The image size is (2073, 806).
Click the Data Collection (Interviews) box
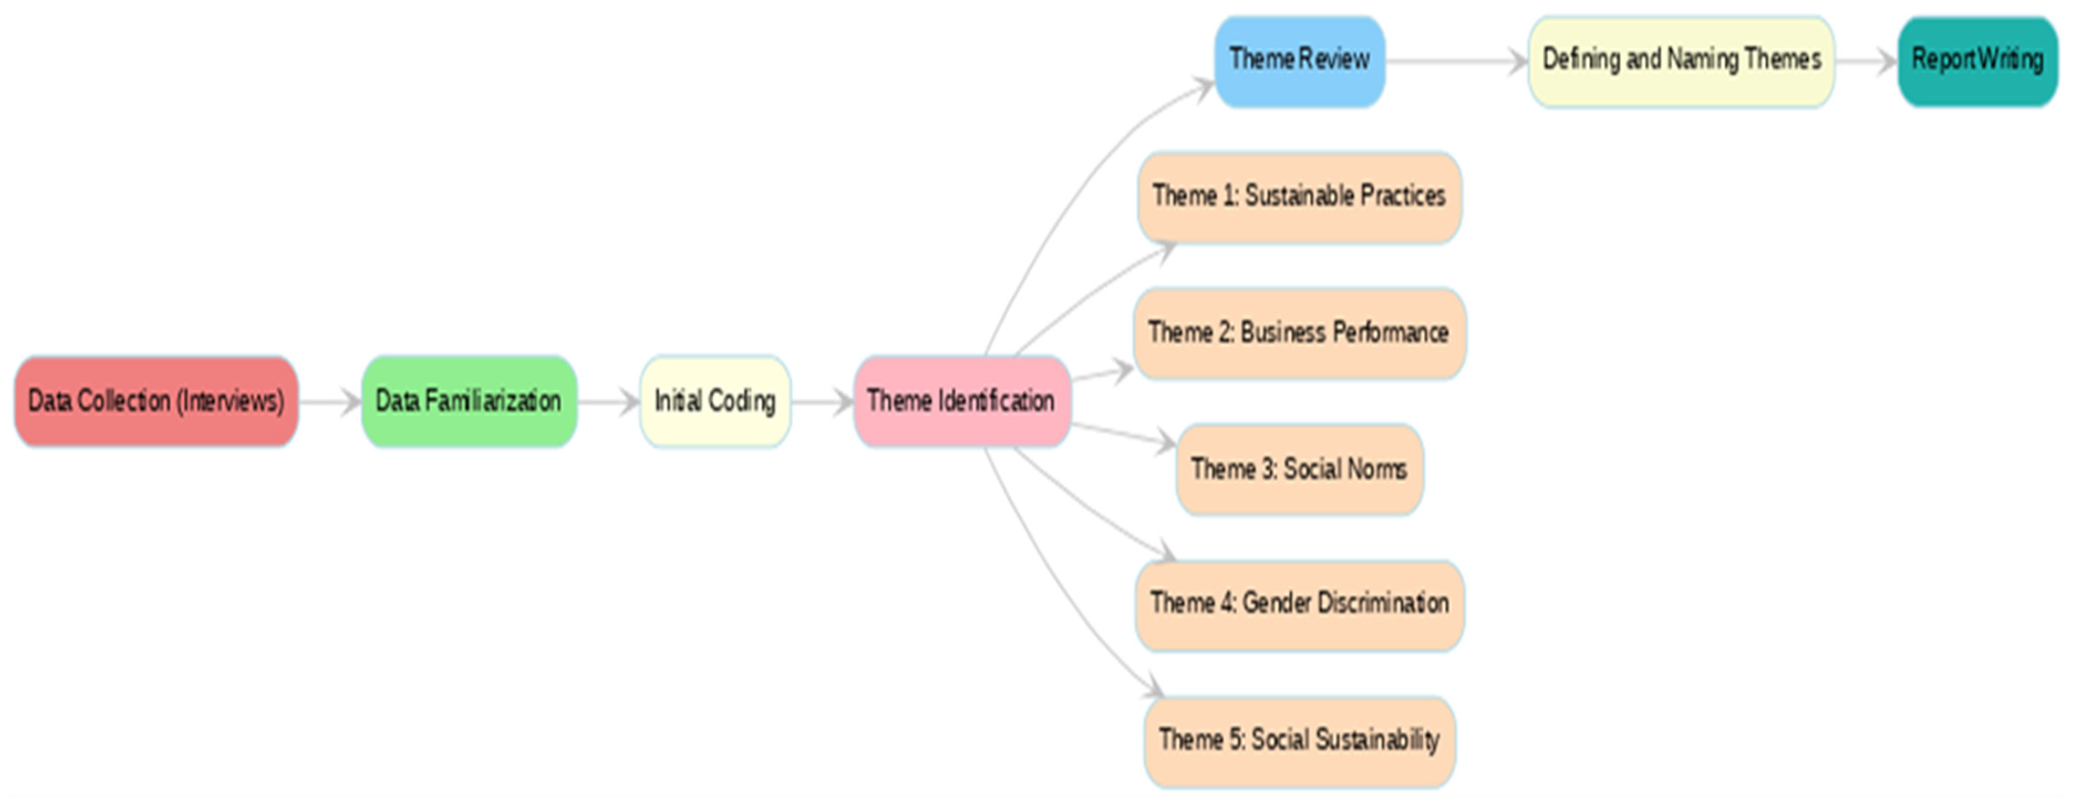(156, 401)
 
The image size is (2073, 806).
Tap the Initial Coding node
(715, 401)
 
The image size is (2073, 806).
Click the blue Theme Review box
(1299, 60)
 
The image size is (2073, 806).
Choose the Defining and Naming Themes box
(1681, 60)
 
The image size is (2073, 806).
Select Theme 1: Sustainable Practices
(1299, 197)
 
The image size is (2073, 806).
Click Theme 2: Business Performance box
(1299, 333)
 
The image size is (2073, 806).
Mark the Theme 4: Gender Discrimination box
(1299, 604)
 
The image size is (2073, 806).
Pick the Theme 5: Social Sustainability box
(1299, 740)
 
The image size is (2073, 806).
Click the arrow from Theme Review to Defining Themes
(1456, 61)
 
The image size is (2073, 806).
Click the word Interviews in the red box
(230, 401)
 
